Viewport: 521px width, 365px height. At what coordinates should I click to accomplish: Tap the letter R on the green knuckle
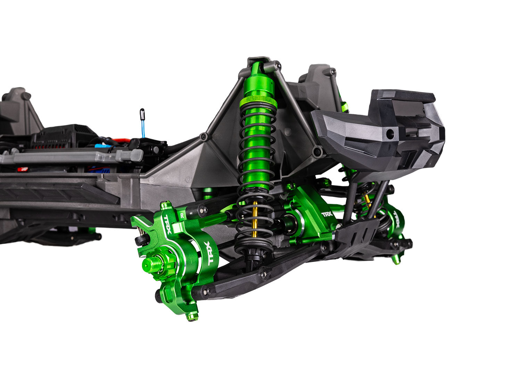[x=182, y=216]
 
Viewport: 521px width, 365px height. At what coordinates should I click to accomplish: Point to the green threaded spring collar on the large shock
[x=258, y=102]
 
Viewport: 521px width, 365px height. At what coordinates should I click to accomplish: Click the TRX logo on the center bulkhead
[x=327, y=214]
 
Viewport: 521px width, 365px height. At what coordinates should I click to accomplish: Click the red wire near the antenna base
[x=123, y=141]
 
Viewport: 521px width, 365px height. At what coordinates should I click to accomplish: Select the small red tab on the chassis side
[x=23, y=169]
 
